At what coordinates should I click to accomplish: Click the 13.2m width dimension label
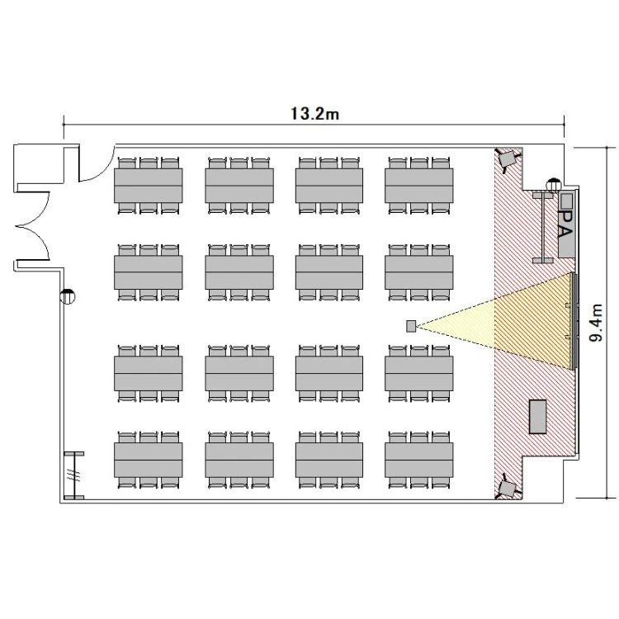coord(314,114)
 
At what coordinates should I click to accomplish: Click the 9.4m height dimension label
coord(596,323)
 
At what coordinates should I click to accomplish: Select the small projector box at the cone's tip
coord(411,326)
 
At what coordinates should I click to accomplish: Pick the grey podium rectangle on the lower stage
coord(537,417)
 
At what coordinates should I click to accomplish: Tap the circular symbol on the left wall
coord(68,296)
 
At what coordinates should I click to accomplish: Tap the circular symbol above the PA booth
coord(554,185)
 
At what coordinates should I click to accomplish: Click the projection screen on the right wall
coord(575,320)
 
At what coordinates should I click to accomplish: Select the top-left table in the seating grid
coord(149,186)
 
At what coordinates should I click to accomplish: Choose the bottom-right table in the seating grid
coord(418,460)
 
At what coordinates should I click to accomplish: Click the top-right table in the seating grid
coord(418,186)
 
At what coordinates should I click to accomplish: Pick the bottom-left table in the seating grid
coord(149,460)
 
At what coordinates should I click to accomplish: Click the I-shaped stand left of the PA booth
coord(543,228)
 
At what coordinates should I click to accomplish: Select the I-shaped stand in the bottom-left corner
coord(73,475)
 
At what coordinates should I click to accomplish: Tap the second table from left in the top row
coord(239,186)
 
